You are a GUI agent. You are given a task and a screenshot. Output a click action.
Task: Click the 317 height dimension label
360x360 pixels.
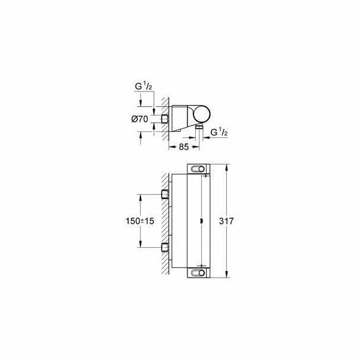click(x=226, y=221)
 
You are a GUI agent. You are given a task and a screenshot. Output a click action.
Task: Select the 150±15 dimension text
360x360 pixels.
click(x=140, y=221)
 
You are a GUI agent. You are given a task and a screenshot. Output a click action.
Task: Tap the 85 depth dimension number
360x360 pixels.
click(x=184, y=147)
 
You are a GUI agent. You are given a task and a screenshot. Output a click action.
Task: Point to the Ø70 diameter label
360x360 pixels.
click(x=140, y=119)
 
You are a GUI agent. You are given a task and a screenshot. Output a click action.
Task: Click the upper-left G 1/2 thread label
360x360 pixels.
click(x=143, y=87)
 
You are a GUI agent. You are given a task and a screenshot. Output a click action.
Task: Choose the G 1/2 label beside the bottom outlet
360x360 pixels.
click(x=219, y=132)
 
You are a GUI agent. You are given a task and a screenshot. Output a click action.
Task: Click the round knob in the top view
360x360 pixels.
click(x=202, y=114)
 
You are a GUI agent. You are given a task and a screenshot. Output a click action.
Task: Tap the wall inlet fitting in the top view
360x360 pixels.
click(x=165, y=119)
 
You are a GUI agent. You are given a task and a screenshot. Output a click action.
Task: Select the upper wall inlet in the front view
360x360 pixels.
click(x=165, y=194)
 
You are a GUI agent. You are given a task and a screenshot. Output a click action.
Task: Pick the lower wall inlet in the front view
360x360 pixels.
click(x=165, y=247)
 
